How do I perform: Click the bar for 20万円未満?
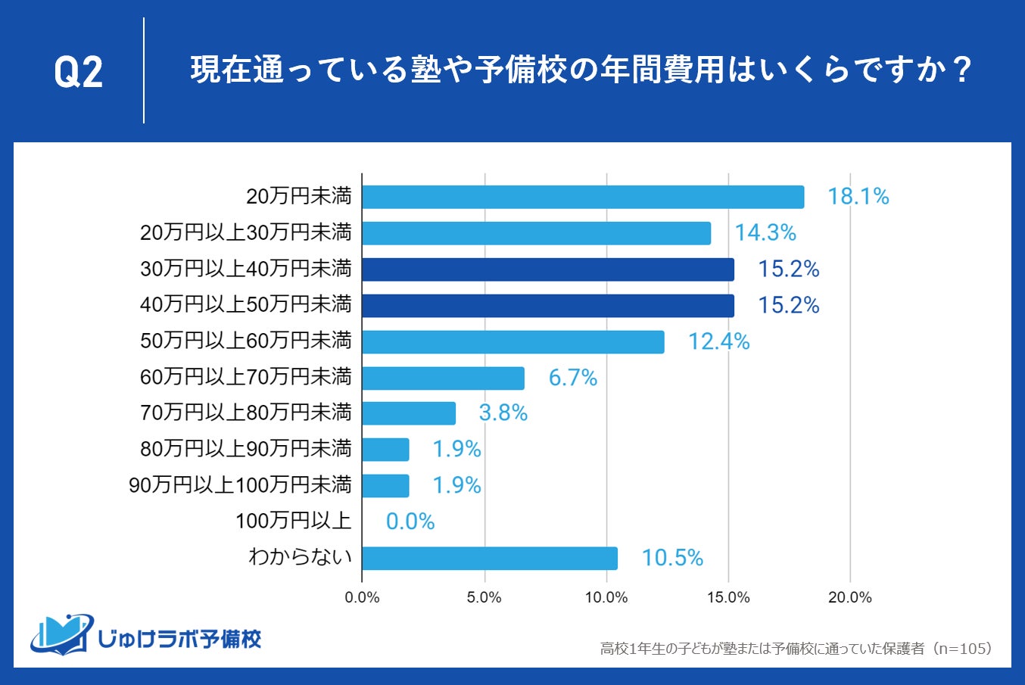point(583,197)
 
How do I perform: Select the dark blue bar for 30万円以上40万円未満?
point(548,269)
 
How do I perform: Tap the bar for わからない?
point(490,558)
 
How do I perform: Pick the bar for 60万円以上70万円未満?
point(444,378)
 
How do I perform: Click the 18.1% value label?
point(858,197)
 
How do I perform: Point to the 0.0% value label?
point(410,522)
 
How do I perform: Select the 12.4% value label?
point(718,342)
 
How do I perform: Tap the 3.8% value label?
point(503,413)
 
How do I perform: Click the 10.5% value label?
point(672,558)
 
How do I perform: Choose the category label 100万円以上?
point(294,521)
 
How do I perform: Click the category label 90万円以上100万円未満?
point(241,485)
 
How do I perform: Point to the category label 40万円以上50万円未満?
point(246,305)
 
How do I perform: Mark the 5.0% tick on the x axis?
point(484,597)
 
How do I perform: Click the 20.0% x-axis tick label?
point(850,597)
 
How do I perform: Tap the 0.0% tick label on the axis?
point(362,597)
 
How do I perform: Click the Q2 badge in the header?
point(78,73)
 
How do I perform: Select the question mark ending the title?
point(962,70)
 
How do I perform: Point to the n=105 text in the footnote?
point(963,649)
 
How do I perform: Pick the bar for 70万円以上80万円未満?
point(409,413)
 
